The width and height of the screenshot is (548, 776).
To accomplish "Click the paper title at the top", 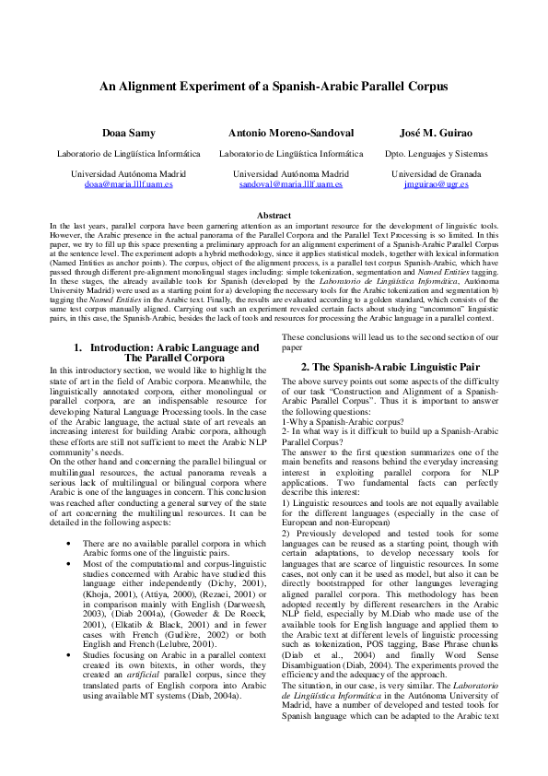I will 274,86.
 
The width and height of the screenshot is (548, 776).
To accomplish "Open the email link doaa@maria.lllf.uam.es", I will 128,184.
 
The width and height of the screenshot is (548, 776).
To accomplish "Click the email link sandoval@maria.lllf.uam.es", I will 290,184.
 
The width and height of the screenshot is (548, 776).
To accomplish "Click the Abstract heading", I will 274,215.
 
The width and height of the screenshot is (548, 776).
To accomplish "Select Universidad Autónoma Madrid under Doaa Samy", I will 128,174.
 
